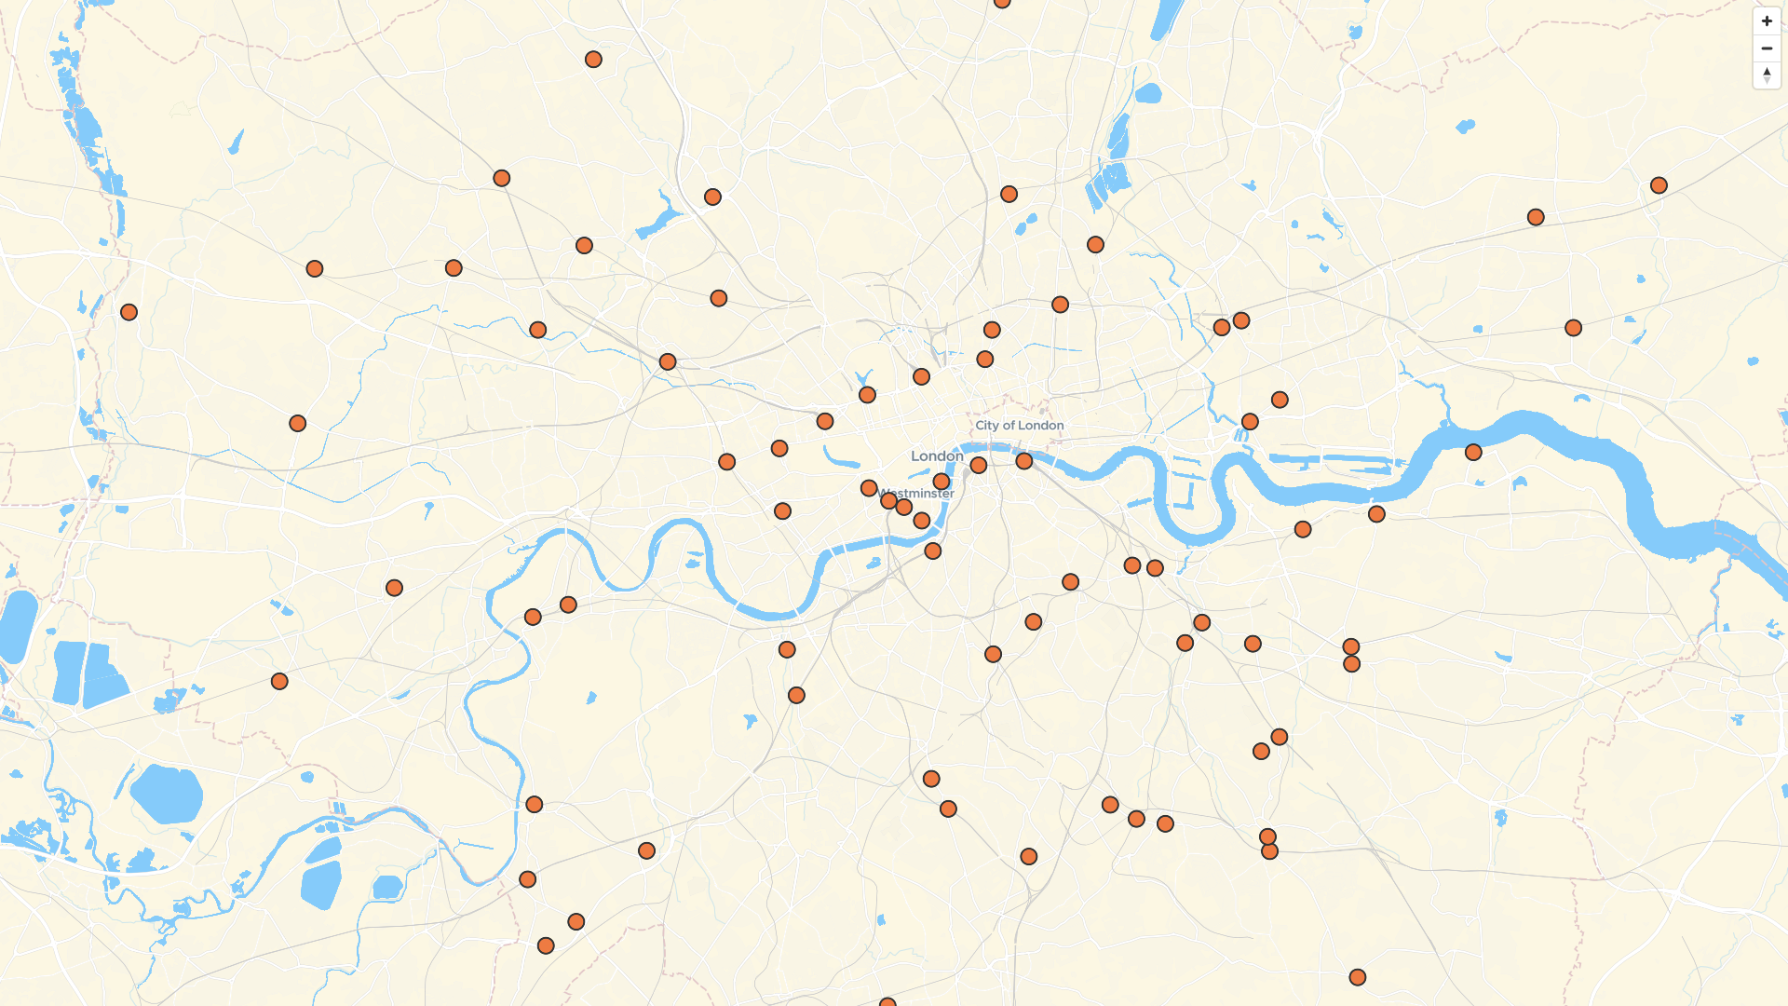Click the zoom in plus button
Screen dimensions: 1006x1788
pyautogui.click(x=1767, y=20)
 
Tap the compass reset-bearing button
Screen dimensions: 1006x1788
pyautogui.click(x=1767, y=75)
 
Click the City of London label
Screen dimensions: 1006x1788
pyautogui.click(x=1019, y=425)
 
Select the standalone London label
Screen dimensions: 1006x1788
pyautogui.click(x=936, y=455)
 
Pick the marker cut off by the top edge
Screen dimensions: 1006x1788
pyautogui.click(x=1002, y=2)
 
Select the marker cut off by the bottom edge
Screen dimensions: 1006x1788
pyautogui.click(x=887, y=1002)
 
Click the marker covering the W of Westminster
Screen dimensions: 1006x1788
pyautogui.click(x=888, y=501)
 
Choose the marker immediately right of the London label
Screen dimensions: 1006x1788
pyautogui.click(x=978, y=465)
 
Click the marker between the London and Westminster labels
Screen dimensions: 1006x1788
pyautogui.click(x=941, y=482)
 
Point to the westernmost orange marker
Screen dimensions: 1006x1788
pyautogui.click(x=129, y=312)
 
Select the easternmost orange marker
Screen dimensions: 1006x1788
pyautogui.click(x=1659, y=185)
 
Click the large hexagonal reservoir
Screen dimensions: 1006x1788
pyautogui.click(x=168, y=794)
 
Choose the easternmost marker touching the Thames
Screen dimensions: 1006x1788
pyautogui.click(x=1473, y=453)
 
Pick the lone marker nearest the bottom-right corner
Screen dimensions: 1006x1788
pyautogui.click(x=1358, y=977)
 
